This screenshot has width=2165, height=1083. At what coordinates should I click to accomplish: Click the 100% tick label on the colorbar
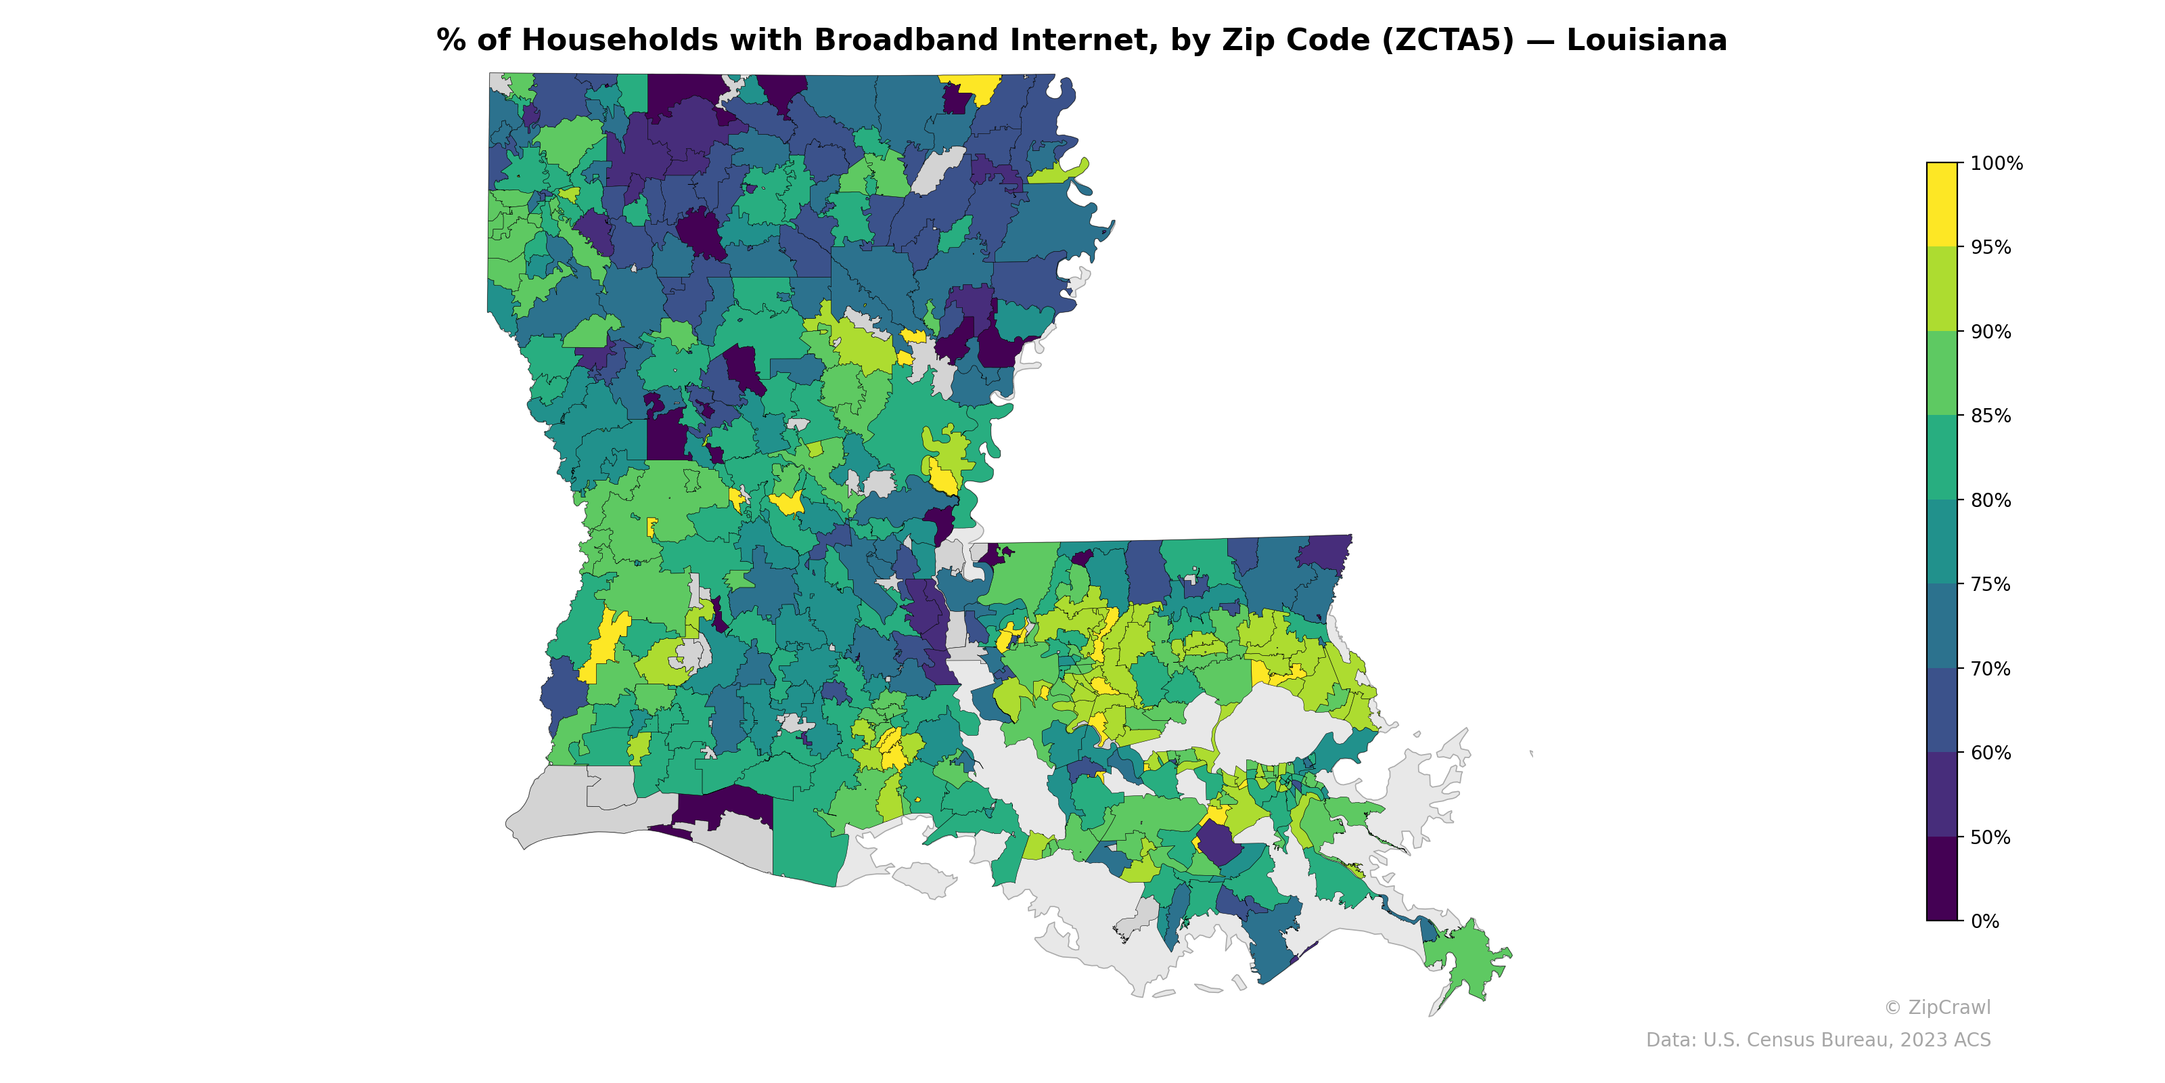(1995, 163)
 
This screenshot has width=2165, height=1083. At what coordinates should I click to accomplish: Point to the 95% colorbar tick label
(1990, 247)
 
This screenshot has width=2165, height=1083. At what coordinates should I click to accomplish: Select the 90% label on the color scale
(1990, 331)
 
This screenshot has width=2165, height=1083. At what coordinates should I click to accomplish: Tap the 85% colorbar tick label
(1990, 416)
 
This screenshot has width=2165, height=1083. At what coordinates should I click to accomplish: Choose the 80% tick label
(1990, 500)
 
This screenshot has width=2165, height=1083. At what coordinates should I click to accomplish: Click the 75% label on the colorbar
(1990, 584)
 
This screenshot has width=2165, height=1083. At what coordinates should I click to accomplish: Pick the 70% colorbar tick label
(1990, 669)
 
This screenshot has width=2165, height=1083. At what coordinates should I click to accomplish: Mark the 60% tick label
(1990, 753)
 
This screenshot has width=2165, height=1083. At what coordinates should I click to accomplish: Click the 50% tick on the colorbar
(1990, 837)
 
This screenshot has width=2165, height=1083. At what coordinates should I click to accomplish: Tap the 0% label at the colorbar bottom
(1984, 921)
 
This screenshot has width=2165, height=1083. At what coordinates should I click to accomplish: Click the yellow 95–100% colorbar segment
(1942, 204)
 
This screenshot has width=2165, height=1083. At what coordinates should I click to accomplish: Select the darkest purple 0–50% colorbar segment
(1942, 879)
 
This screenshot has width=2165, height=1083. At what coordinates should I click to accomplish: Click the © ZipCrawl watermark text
(1936, 1007)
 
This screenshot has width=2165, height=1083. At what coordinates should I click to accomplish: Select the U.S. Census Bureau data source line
(1817, 1040)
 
